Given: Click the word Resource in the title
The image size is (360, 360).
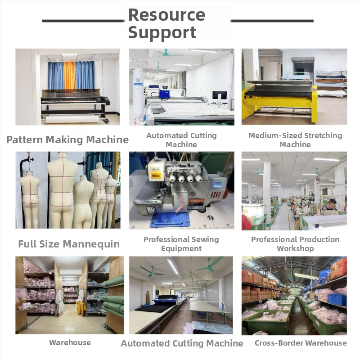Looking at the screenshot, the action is tap(166, 15).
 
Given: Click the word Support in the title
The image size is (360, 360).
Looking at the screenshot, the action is tap(162, 32).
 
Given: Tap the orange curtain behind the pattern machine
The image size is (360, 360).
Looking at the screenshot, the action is tap(70, 75).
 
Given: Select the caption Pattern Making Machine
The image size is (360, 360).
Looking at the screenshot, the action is tap(67, 139).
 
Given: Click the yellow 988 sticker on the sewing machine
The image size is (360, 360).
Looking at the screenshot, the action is tap(156, 176).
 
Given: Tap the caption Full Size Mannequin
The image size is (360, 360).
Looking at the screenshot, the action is tap(69, 244).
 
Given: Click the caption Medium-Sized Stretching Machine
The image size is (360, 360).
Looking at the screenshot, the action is tap(295, 140).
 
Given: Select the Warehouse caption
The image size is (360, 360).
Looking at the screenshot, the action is tap(70, 342).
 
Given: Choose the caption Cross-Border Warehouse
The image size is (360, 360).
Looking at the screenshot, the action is tap(301, 343).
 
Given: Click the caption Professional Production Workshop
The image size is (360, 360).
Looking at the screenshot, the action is tap(295, 244).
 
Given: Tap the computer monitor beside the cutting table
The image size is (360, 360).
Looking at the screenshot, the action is tap(220, 95).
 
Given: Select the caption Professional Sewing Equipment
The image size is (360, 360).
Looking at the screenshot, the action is tap(181, 244).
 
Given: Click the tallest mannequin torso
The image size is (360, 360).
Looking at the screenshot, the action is tap(62, 188).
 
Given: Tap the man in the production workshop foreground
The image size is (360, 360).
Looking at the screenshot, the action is tap(331, 205).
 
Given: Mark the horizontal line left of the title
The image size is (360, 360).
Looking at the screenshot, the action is tap(83, 21).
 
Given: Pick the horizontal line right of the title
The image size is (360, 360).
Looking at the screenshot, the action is tap(272, 21).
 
